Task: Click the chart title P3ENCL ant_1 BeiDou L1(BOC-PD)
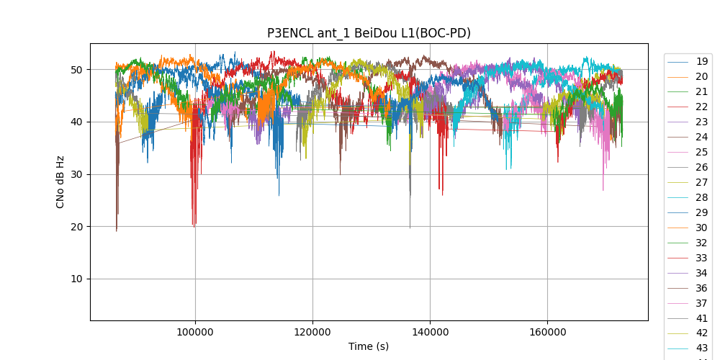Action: [369, 33]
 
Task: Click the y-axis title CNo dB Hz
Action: [60, 181]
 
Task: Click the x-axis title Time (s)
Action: [369, 346]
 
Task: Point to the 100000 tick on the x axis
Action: [195, 332]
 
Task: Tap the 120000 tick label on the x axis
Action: [312, 332]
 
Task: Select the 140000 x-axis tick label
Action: [430, 332]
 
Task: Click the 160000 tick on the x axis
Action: [547, 332]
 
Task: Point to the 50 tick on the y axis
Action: [76, 70]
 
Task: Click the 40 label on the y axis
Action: [76, 122]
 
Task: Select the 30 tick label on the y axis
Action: [76, 174]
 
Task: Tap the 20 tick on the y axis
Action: [76, 227]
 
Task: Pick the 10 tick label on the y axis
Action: [76, 279]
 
